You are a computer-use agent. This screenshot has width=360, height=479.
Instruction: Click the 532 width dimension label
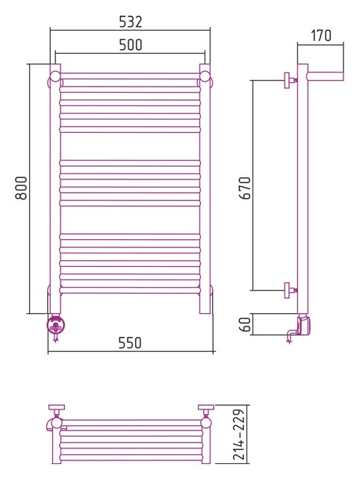131,22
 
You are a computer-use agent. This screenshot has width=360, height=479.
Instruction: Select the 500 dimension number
131,45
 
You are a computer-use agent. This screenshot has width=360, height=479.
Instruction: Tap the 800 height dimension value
21,188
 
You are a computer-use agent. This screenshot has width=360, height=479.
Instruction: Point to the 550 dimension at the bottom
130,343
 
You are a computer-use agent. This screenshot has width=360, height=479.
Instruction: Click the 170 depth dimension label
321,35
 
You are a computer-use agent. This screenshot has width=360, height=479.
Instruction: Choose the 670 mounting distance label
245,188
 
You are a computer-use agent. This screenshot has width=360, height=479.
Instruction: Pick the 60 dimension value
245,324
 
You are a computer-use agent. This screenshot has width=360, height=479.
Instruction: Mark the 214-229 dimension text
239,434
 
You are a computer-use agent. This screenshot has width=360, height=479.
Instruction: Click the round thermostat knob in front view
55,324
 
